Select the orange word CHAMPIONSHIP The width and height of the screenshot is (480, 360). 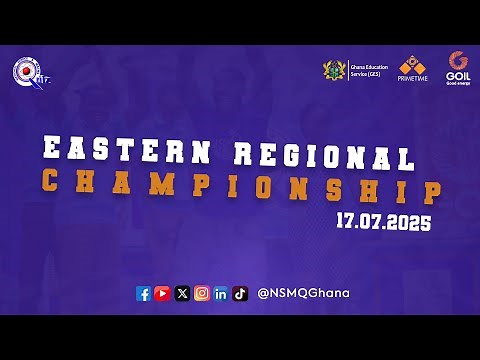[240, 187]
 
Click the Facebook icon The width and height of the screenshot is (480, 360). [143, 293]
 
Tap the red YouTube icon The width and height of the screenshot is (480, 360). [162, 293]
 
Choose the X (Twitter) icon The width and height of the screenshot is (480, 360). [182, 293]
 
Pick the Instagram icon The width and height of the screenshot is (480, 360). [201, 293]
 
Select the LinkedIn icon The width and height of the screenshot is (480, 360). [220, 293]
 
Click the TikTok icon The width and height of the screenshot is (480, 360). [240, 293]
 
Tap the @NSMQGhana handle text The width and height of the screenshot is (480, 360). [303, 293]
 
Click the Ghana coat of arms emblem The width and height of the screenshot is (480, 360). [334, 70]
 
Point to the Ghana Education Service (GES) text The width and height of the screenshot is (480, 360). [366, 70]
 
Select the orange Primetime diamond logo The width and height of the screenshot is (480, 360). [413, 64]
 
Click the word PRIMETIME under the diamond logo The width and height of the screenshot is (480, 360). [413, 78]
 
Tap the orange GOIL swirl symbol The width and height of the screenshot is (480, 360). [458, 60]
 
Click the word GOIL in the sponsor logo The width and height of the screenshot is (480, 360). [458, 74]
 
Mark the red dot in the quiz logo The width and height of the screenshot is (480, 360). [18, 70]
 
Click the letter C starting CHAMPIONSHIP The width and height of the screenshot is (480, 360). [49, 180]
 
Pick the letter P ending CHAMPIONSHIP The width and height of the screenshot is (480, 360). [430, 193]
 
